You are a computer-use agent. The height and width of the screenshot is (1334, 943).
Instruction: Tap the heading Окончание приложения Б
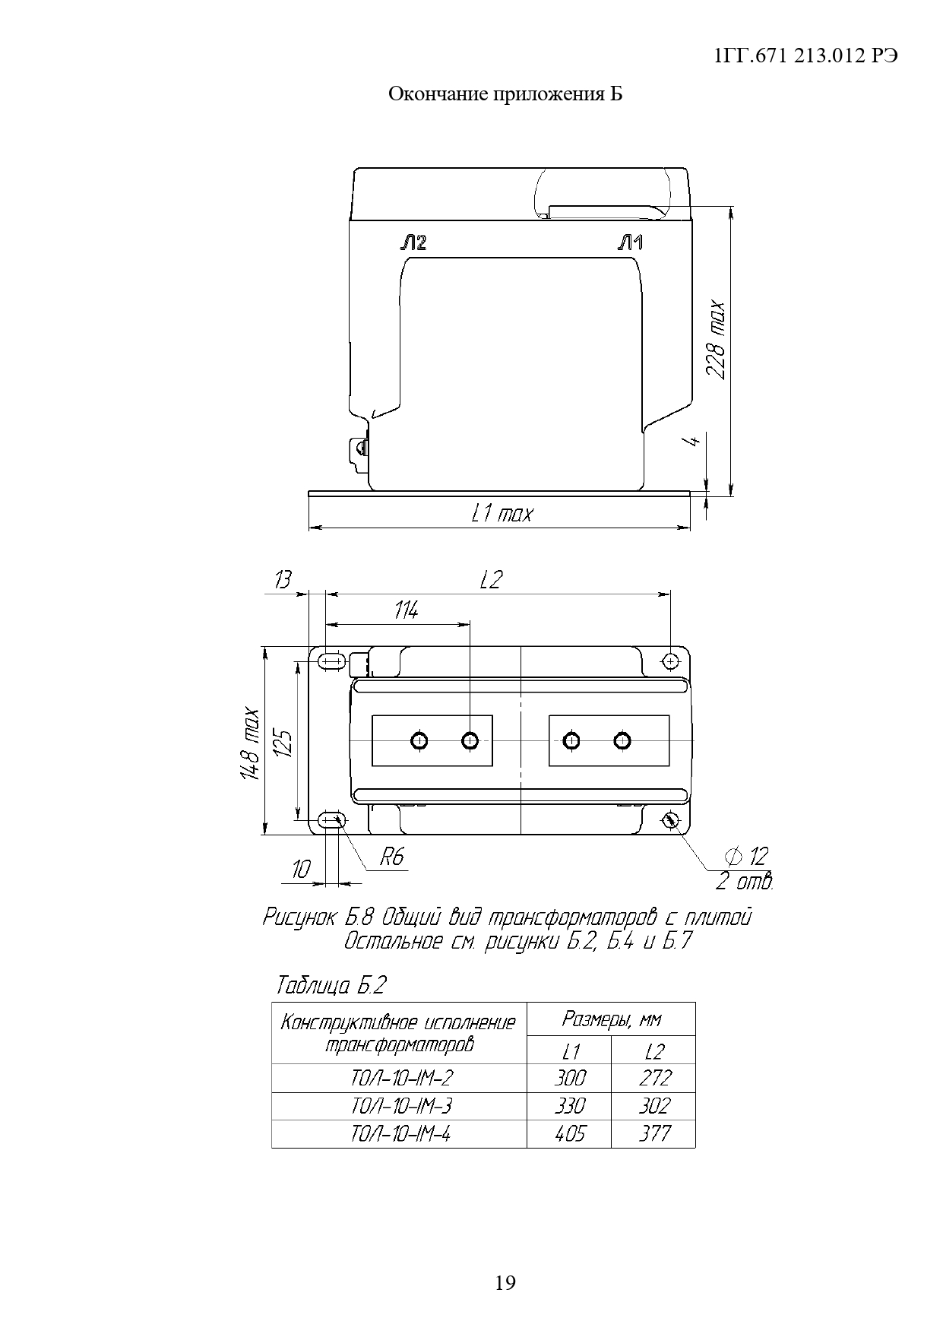[505, 94]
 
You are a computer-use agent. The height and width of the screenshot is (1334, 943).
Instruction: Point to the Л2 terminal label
[413, 243]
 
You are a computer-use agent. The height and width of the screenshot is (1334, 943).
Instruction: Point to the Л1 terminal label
[631, 243]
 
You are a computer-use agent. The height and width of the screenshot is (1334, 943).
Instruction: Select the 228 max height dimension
[716, 340]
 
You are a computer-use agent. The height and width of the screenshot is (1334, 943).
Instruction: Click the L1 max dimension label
[502, 514]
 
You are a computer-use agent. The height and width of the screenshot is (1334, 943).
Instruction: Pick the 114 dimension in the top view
[406, 610]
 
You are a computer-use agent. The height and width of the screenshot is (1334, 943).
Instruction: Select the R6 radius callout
[392, 858]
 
